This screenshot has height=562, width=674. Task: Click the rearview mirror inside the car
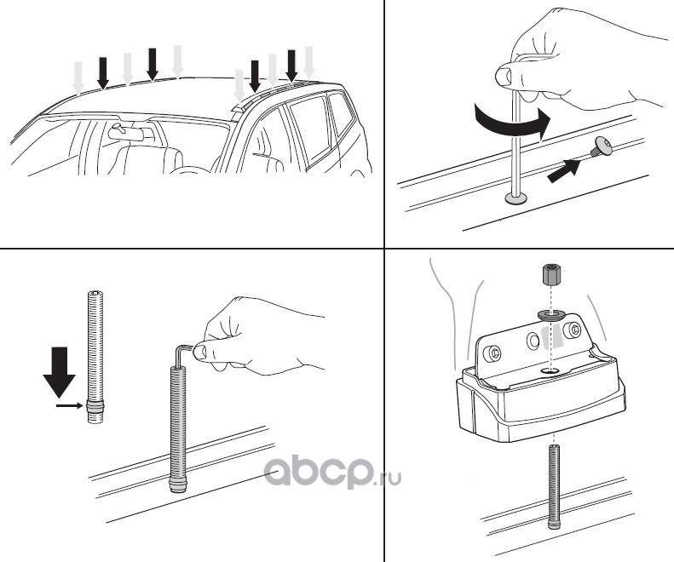[x=127, y=133]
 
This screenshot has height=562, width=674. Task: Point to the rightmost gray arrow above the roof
[x=308, y=60]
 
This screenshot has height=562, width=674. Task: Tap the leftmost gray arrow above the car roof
[x=78, y=77]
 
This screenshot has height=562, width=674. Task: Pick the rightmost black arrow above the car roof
[x=291, y=65]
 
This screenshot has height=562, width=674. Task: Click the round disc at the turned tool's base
[x=516, y=199]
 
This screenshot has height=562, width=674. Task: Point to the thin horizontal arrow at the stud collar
[x=71, y=407]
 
